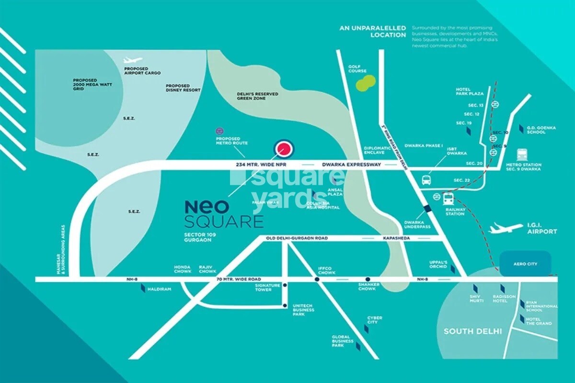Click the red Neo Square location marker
coord(284,149)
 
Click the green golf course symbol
coord(366,82)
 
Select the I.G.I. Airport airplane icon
coord(506,228)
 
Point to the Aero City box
coord(525,264)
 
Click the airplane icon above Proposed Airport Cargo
coord(132,60)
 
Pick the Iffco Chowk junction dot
coord(317,279)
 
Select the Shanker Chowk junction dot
coord(368,279)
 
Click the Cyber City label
coord(375,320)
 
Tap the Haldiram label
coord(160,289)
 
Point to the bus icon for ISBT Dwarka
coord(426,180)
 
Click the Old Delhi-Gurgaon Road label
coord(297,238)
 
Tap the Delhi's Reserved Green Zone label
coord(257,96)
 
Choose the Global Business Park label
coord(343,341)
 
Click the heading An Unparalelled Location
coord(373,32)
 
